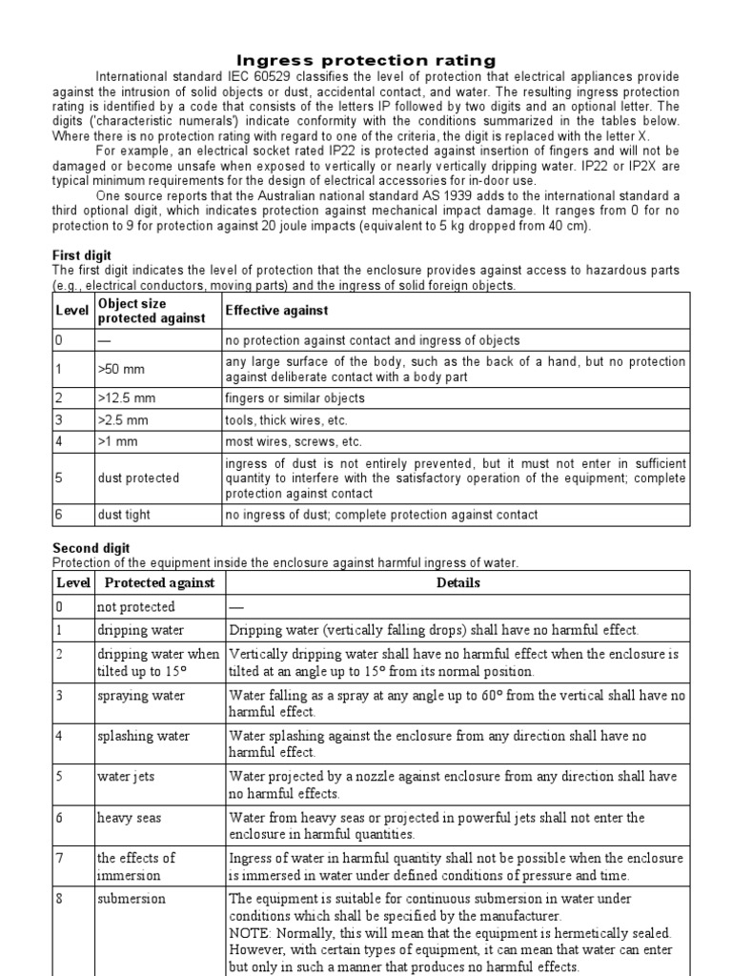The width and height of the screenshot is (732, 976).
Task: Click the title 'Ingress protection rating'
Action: tap(366, 61)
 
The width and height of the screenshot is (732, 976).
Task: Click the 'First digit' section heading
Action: tap(81, 256)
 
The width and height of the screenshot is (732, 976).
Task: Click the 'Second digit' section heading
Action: tap(90, 549)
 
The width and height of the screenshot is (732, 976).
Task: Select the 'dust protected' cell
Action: tap(137, 478)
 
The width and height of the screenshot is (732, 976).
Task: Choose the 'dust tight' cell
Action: tap(124, 515)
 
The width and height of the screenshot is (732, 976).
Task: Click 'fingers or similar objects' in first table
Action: tap(295, 397)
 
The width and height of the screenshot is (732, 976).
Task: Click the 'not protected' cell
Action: tap(135, 607)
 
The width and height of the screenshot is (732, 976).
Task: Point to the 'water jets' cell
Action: tap(125, 777)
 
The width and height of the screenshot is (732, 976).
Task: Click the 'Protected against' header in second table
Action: tap(159, 582)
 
